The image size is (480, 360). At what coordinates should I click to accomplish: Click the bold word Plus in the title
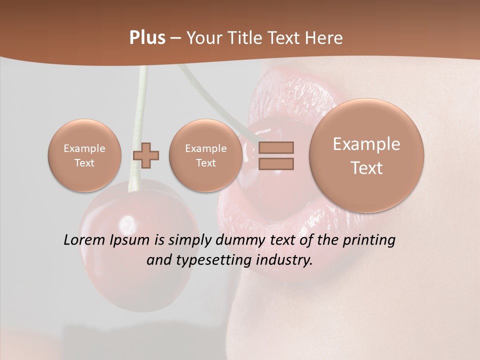[x=147, y=38]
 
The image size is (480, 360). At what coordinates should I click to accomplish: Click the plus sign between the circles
[x=146, y=155]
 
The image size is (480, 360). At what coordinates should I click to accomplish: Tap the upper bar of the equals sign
[x=276, y=147]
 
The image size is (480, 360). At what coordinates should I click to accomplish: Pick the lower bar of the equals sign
[x=276, y=163]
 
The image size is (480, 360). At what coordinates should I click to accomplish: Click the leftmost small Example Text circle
[x=84, y=155]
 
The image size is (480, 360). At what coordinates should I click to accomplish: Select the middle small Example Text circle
[x=205, y=155]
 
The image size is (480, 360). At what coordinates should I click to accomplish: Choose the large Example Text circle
[x=366, y=155]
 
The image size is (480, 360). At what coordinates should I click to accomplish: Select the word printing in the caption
[x=368, y=240]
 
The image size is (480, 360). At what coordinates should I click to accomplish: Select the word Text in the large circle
[x=366, y=168]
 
